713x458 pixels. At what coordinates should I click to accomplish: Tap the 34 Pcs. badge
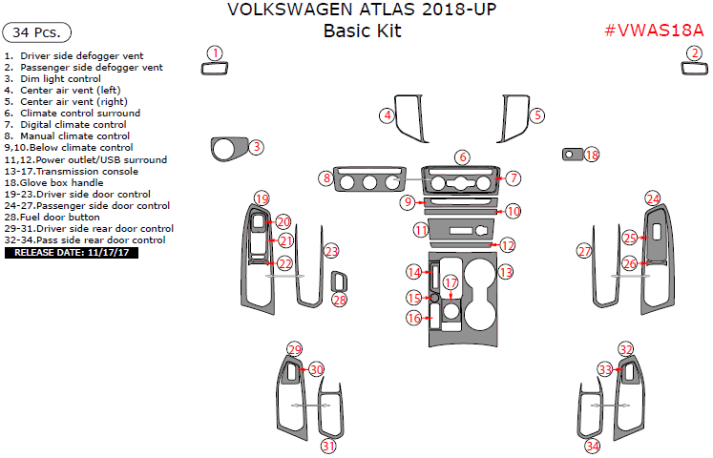coord(37,32)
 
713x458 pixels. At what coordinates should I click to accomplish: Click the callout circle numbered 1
coord(217,53)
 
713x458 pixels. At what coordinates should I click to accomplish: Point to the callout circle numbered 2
coord(691,53)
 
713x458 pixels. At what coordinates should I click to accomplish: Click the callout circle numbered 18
coord(592,155)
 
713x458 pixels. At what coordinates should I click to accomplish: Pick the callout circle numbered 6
coord(462,157)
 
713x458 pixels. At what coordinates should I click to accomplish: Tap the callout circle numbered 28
coord(340,300)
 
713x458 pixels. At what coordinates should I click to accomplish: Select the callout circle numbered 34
coord(593,446)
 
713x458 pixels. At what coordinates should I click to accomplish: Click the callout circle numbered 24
coord(653,198)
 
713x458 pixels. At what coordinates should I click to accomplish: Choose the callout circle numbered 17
coord(451,283)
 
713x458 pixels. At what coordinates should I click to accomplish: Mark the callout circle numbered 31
coord(327,446)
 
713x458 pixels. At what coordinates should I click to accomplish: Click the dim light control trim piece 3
coord(227,150)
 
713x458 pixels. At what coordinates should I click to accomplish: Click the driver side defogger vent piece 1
coord(217,68)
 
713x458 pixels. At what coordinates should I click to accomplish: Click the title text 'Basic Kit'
coord(362,31)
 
